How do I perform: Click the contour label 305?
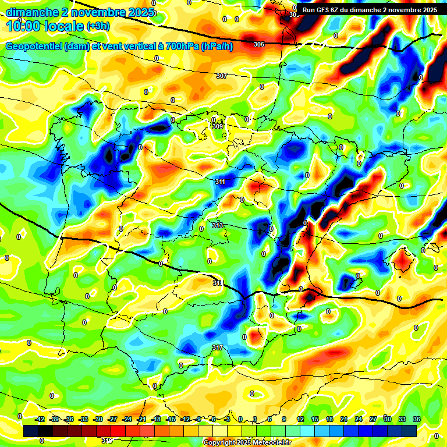tap(259, 44)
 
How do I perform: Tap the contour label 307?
tap(221, 76)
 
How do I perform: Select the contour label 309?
tap(218, 126)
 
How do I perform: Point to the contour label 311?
tap(220, 182)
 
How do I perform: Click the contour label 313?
tap(217, 225)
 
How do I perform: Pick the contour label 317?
tap(217, 347)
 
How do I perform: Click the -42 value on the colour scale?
tap(40, 419)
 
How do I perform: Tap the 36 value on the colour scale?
tap(416, 419)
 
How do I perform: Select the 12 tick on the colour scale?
tap(300, 419)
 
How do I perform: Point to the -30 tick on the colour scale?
tap(98, 419)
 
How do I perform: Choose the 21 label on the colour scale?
tap(343, 419)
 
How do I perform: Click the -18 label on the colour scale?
tap(157, 419)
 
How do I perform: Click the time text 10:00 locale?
tap(45, 26)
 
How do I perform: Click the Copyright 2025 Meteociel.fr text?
tap(247, 443)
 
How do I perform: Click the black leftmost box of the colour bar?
tap(31, 431)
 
